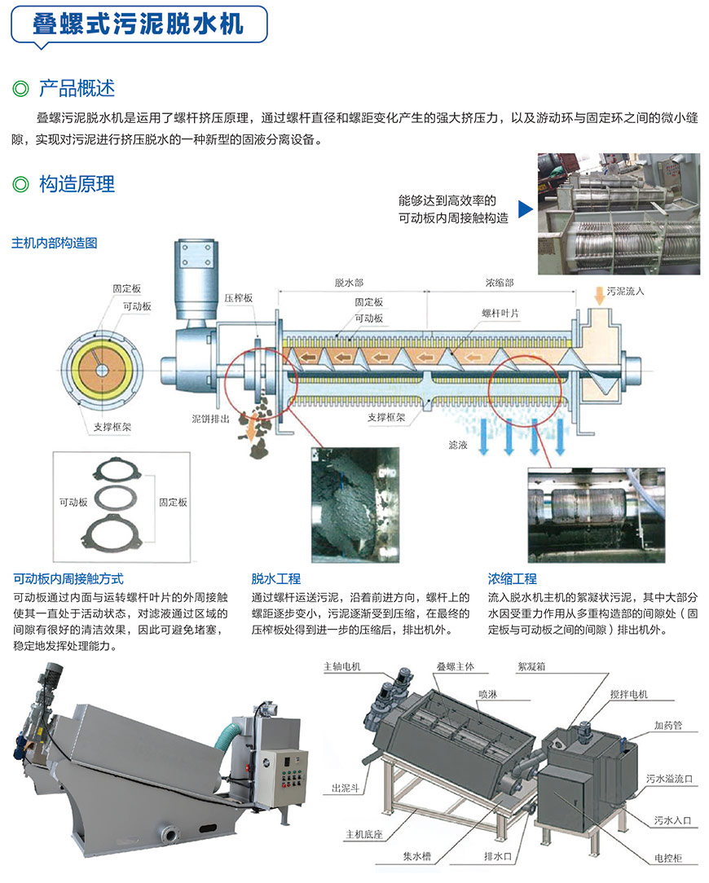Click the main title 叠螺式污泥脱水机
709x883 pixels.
[138, 24]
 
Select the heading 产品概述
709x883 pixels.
[77, 89]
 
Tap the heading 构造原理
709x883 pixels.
[77, 184]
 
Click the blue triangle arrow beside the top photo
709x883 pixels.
[526, 209]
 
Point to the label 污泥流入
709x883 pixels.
[625, 291]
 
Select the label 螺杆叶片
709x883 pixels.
[500, 313]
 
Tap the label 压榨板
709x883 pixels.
[239, 298]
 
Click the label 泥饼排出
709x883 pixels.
[211, 419]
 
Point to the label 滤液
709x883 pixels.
[458, 445]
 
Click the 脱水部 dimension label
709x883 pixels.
[349, 283]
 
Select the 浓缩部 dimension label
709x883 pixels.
[500, 283]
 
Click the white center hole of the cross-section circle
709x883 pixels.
[101, 370]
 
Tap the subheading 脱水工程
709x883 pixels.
[275, 579]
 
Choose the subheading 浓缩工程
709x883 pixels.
[513, 579]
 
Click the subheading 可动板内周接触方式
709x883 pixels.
[68, 579]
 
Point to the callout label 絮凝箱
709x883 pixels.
[531, 666]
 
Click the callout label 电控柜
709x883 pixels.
[668, 858]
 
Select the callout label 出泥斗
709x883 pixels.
[346, 789]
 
